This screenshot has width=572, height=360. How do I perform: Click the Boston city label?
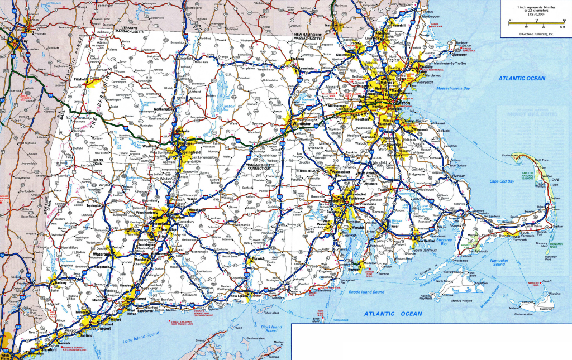tap(401, 105)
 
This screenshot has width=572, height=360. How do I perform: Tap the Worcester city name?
tap(301, 124)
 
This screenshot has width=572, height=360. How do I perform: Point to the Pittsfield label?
tap(80, 80)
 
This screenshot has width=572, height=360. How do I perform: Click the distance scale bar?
tap(536, 25)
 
